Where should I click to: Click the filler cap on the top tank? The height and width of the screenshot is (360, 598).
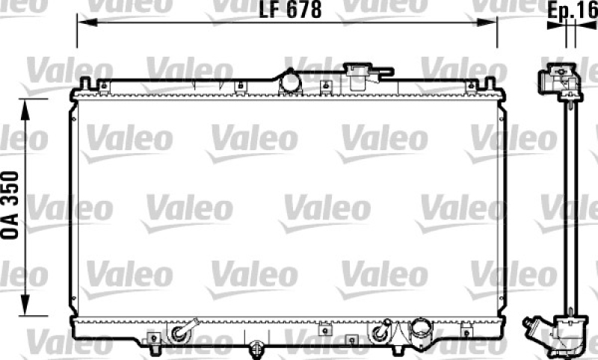point(362,75)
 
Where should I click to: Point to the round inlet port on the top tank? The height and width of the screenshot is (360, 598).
point(289,81)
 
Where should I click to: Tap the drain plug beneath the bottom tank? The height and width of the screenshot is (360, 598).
point(256,347)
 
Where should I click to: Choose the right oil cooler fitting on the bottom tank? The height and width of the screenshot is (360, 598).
point(384,329)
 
